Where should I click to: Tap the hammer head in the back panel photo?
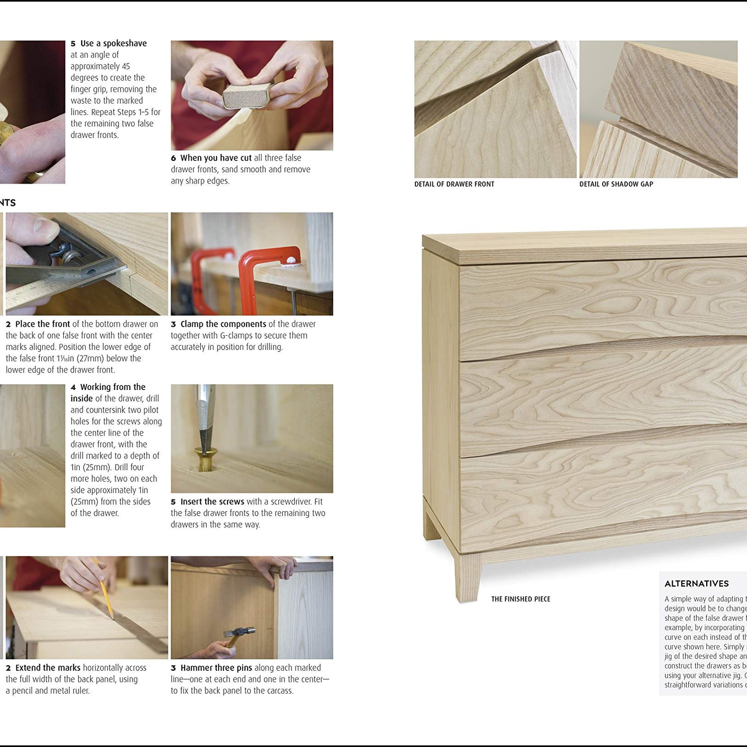(240, 632)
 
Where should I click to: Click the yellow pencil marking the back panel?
(104, 591)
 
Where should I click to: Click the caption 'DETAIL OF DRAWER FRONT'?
(454, 184)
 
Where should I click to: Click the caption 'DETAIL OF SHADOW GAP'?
(616, 184)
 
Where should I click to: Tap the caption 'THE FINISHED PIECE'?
(520, 599)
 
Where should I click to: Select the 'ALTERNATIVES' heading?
(696, 584)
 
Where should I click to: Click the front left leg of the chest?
(468, 578)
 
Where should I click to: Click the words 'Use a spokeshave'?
(114, 43)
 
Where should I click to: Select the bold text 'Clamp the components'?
(223, 324)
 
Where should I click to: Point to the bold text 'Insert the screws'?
(212, 502)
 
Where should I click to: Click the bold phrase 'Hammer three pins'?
(216, 668)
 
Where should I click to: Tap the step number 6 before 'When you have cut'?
(173, 158)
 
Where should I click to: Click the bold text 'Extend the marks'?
(48, 668)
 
